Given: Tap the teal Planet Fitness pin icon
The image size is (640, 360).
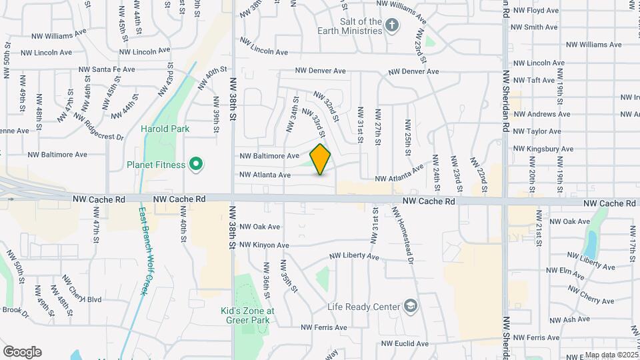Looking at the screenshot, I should pos(195,164).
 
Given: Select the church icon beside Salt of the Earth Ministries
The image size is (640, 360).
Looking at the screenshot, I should pos(393,26).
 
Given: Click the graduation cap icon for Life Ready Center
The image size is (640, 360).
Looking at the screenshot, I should pos(411,307).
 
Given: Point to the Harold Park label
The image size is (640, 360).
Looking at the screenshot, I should pos(165,129).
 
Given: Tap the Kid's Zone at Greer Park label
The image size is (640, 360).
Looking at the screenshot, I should pos(247,315).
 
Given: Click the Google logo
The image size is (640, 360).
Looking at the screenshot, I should pos(22,352).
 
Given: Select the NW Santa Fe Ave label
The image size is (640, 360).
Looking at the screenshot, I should pos(107,69).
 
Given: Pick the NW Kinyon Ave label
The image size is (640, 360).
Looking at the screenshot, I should pos(259,245).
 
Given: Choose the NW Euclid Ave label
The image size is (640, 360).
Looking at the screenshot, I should pos(405,344).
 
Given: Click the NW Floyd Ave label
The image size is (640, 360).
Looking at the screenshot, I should pos(543,11).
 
